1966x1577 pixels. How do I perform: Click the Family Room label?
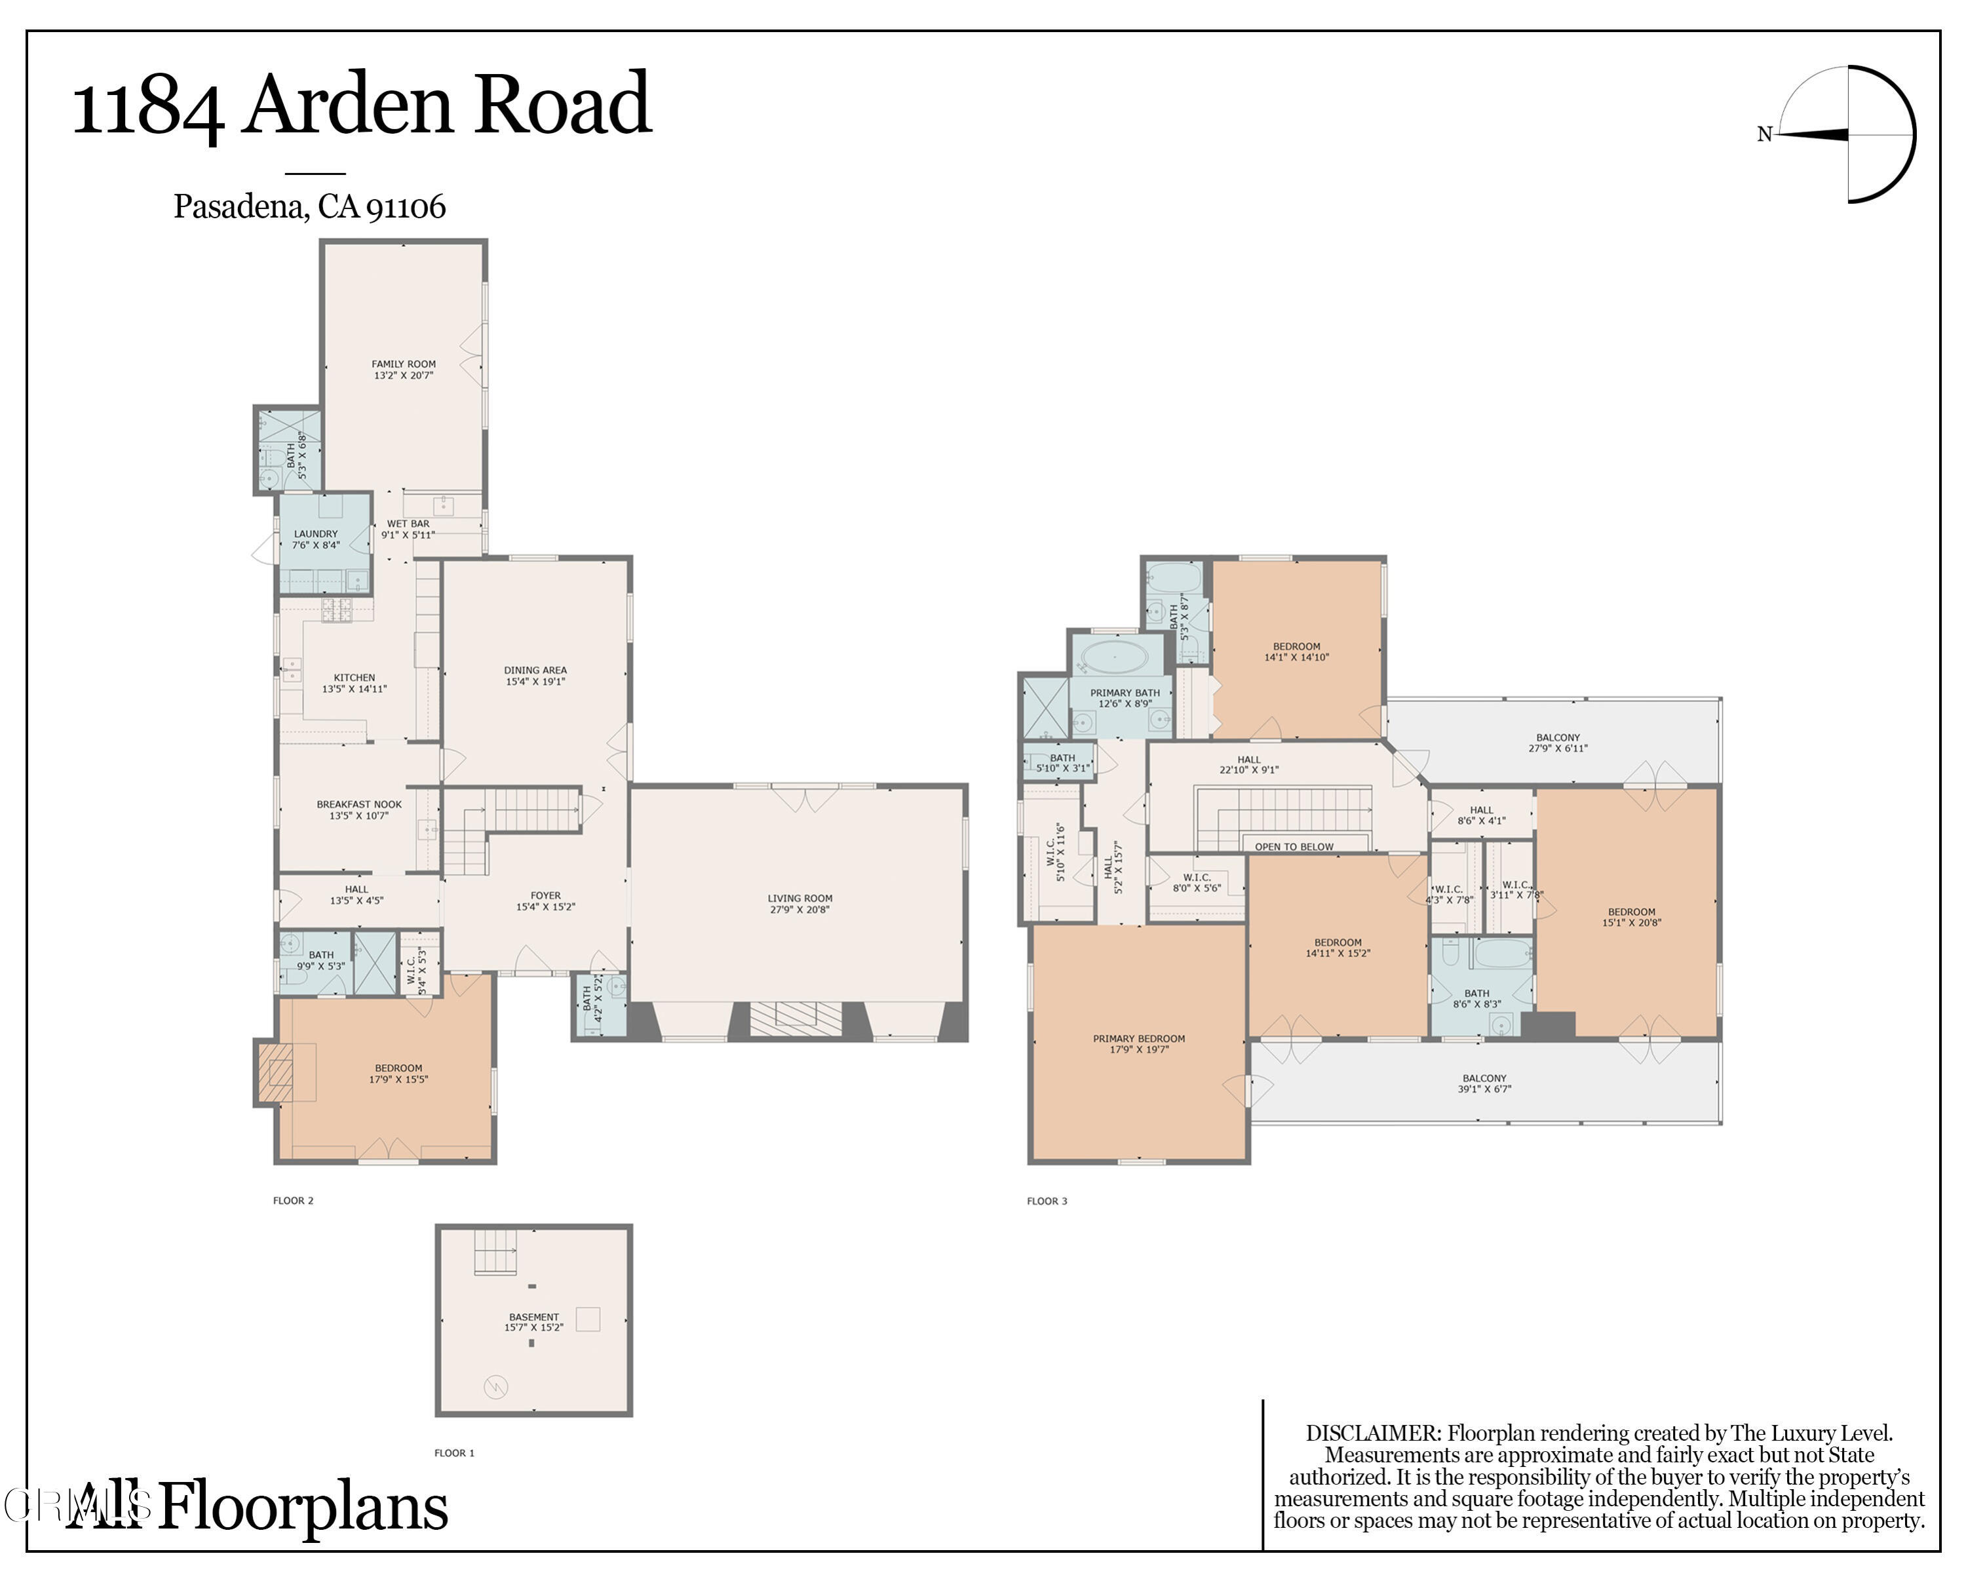[403, 364]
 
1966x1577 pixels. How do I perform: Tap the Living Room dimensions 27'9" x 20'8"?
[800, 909]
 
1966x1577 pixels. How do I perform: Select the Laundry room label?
[315, 534]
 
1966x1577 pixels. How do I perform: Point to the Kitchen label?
[354, 678]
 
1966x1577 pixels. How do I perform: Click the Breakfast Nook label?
[358, 804]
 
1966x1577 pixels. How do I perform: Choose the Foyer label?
[545, 896]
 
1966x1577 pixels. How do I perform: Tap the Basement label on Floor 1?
[533, 1317]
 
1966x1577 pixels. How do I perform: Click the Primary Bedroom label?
[1139, 1038]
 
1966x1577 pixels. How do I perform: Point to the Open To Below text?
[1293, 846]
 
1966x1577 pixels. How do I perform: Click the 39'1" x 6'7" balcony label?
[1484, 1089]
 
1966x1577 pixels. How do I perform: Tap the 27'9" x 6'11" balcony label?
[1558, 748]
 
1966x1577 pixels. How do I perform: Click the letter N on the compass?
[1764, 135]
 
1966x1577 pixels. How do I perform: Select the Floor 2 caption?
[293, 1200]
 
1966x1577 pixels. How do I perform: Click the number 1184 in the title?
[147, 107]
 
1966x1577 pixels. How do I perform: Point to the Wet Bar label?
[408, 524]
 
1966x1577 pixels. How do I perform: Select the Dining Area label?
[535, 671]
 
